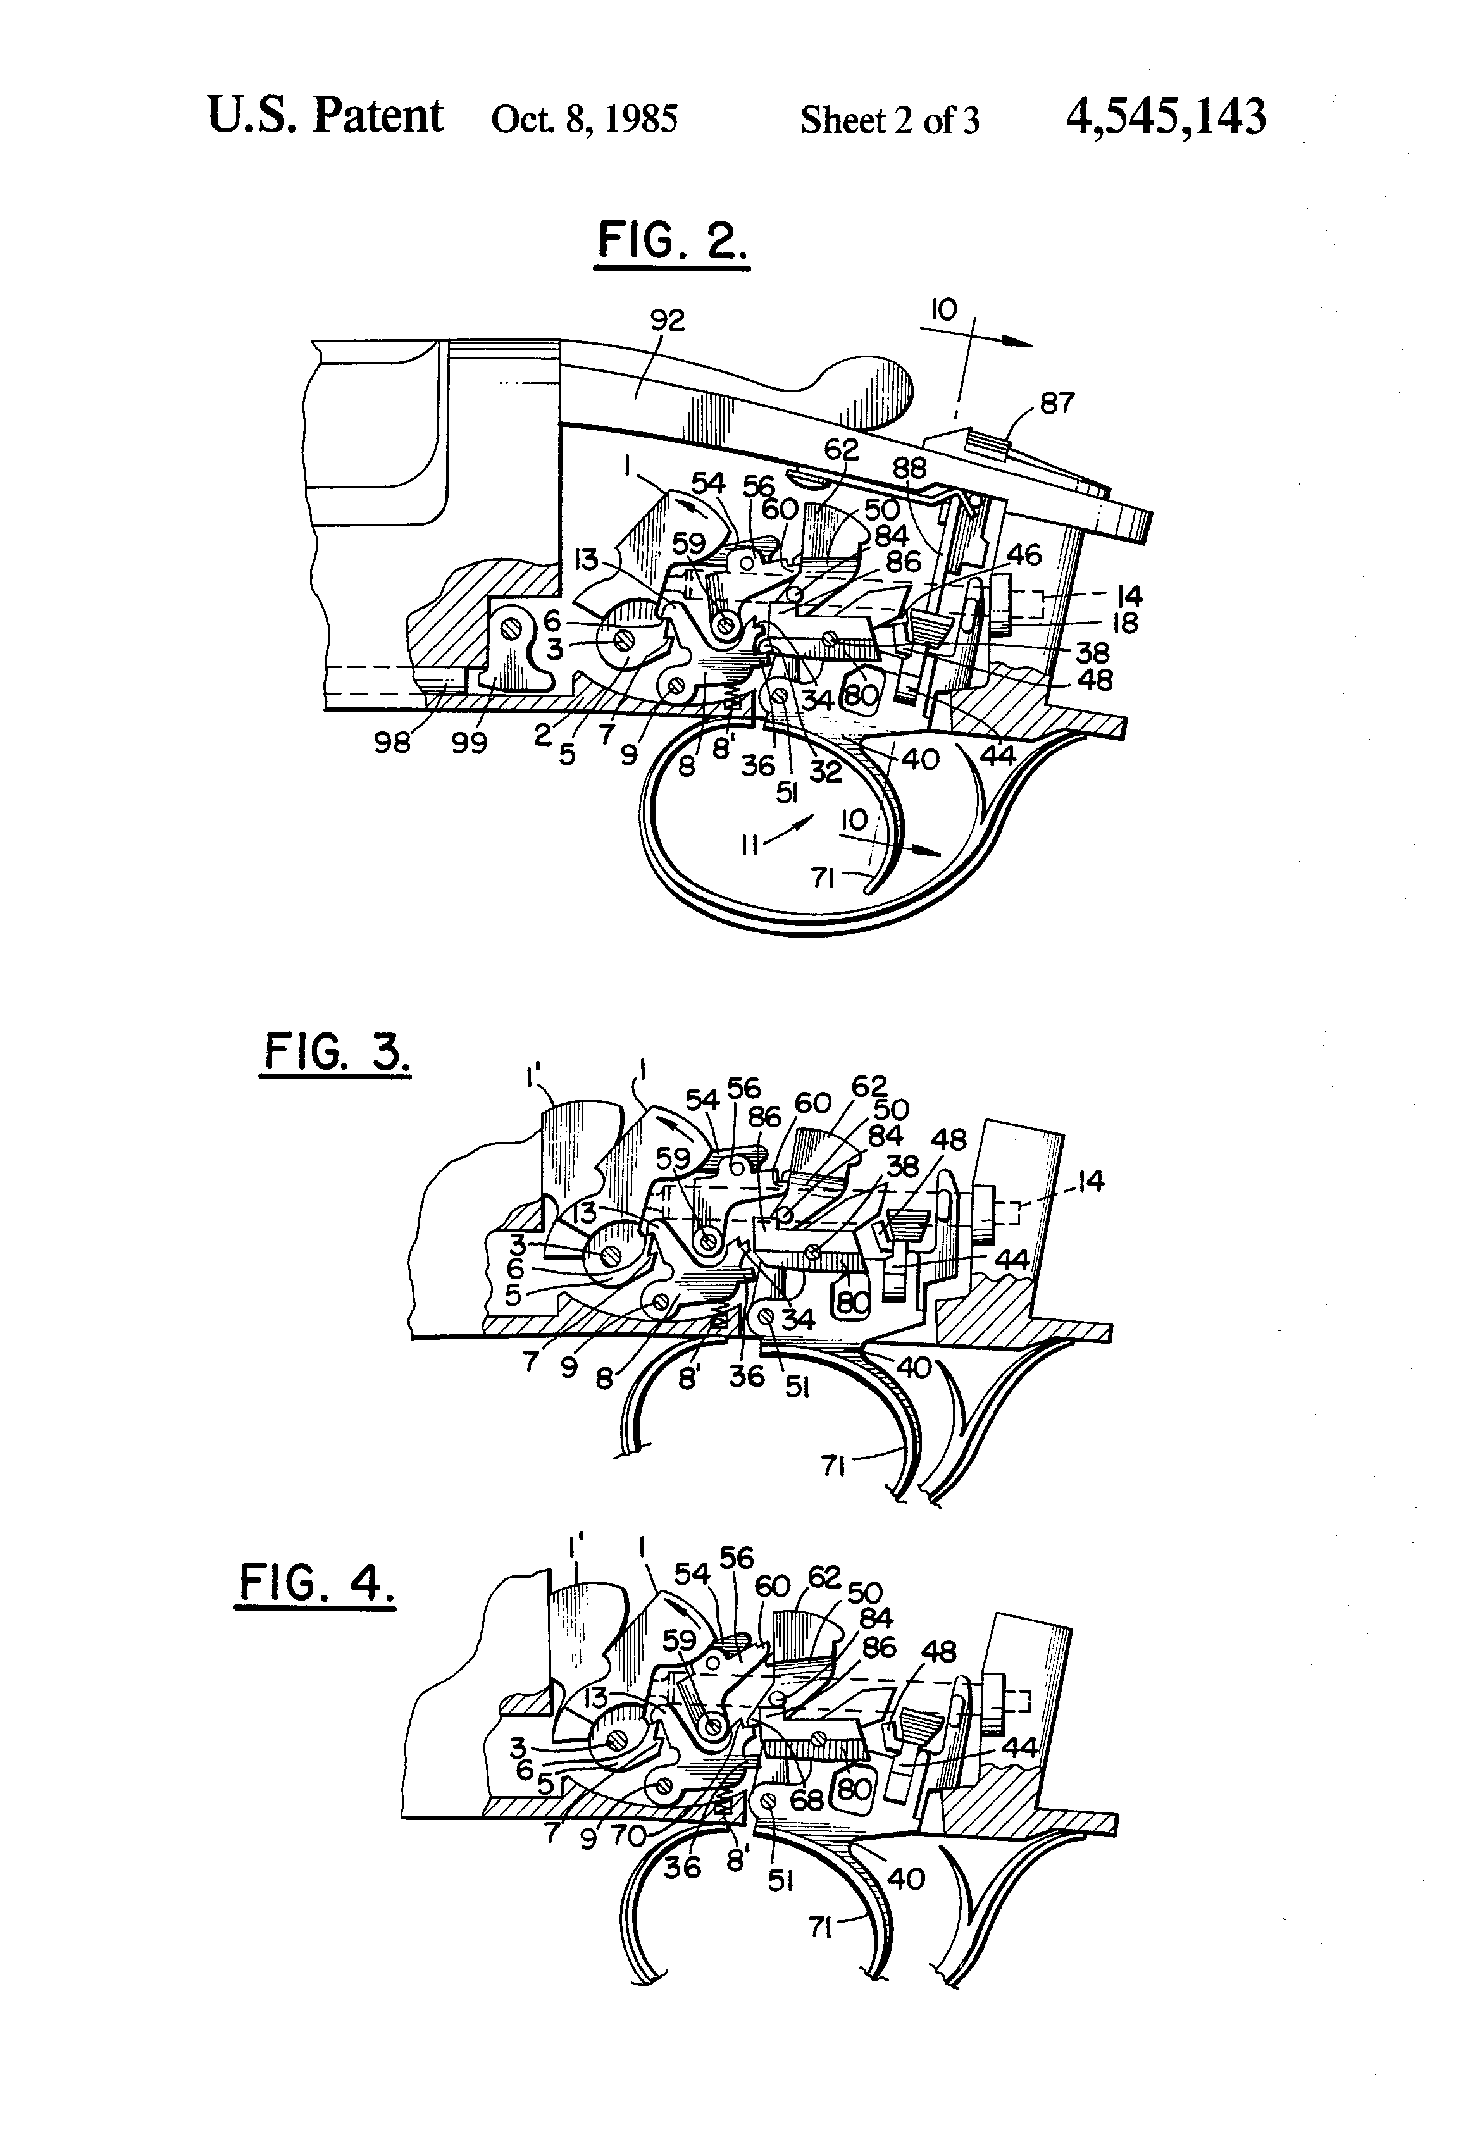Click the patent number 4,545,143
pos(1166,118)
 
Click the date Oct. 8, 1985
pos(585,120)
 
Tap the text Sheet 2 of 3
pos(889,121)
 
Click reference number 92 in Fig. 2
pos(667,320)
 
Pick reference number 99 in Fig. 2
pos(469,743)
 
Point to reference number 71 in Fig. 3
pos(833,1466)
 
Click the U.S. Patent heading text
pos(325,116)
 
